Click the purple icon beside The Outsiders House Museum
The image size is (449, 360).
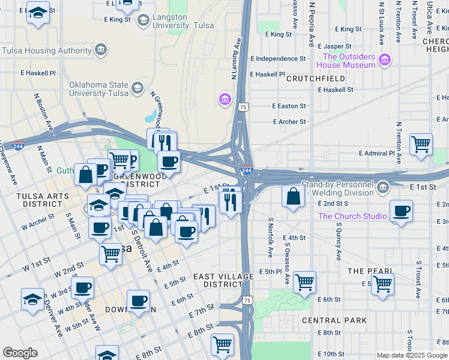(384, 59)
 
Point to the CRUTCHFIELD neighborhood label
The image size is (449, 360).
(315, 79)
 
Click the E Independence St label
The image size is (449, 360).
(278, 59)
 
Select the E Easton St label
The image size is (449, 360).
(289, 106)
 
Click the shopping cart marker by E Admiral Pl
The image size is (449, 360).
(421, 144)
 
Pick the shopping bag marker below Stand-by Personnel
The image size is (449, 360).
(292, 197)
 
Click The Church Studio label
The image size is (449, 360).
(352, 216)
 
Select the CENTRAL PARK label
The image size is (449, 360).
(334, 320)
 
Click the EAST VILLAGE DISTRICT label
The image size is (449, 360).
(217, 280)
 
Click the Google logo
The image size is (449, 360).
(20, 353)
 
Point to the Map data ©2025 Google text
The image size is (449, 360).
(411, 355)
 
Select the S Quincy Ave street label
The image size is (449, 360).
(339, 243)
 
